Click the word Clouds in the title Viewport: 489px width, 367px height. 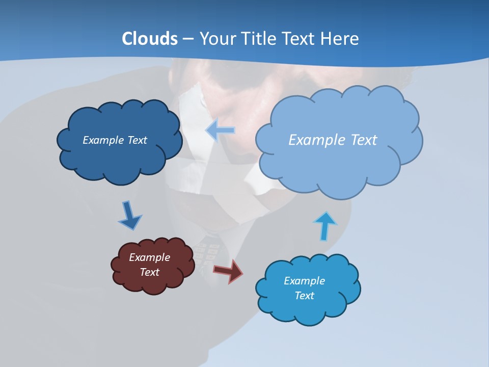coord(150,39)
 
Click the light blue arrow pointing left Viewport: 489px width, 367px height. coord(221,130)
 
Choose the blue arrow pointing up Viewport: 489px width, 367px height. coord(325,225)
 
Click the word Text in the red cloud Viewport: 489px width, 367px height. coord(150,272)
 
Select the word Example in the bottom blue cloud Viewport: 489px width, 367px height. coord(304,281)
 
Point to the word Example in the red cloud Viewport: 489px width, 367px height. coord(149,257)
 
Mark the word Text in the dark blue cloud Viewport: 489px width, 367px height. coord(137,140)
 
